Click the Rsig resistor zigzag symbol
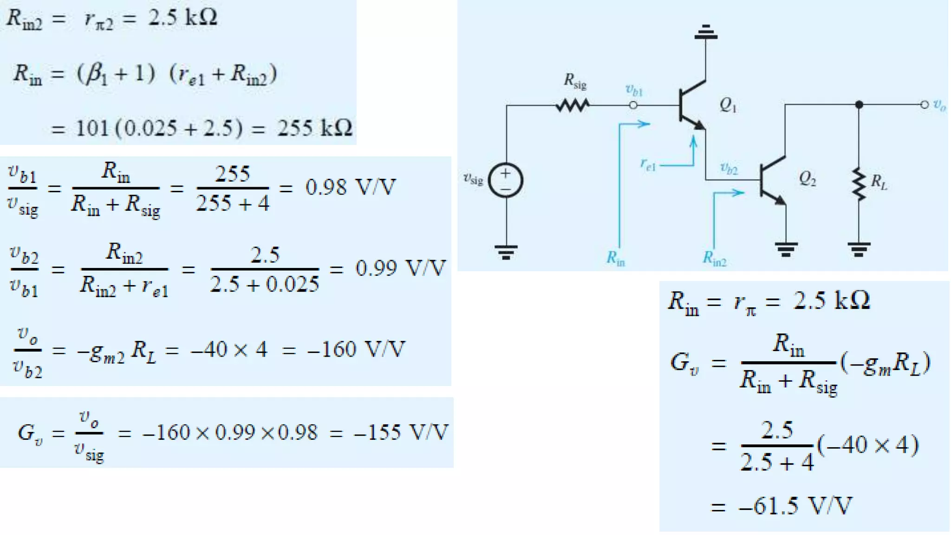pos(573,106)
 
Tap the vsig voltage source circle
pos(505,180)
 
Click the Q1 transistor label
pos(728,106)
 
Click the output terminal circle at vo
pos(925,105)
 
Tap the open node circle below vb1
pos(633,105)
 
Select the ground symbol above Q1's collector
pos(706,32)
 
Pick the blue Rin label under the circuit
pos(616,258)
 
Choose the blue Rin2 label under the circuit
pos(714,258)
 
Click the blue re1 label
pos(648,164)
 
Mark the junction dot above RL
pos(859,105)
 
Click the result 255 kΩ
pos(315,127)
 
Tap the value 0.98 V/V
pos(351,187)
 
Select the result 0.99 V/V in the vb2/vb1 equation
pos(400,268)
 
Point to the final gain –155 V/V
pos(401,432)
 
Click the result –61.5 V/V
pos(795,505)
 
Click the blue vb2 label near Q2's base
pos(729,168)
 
